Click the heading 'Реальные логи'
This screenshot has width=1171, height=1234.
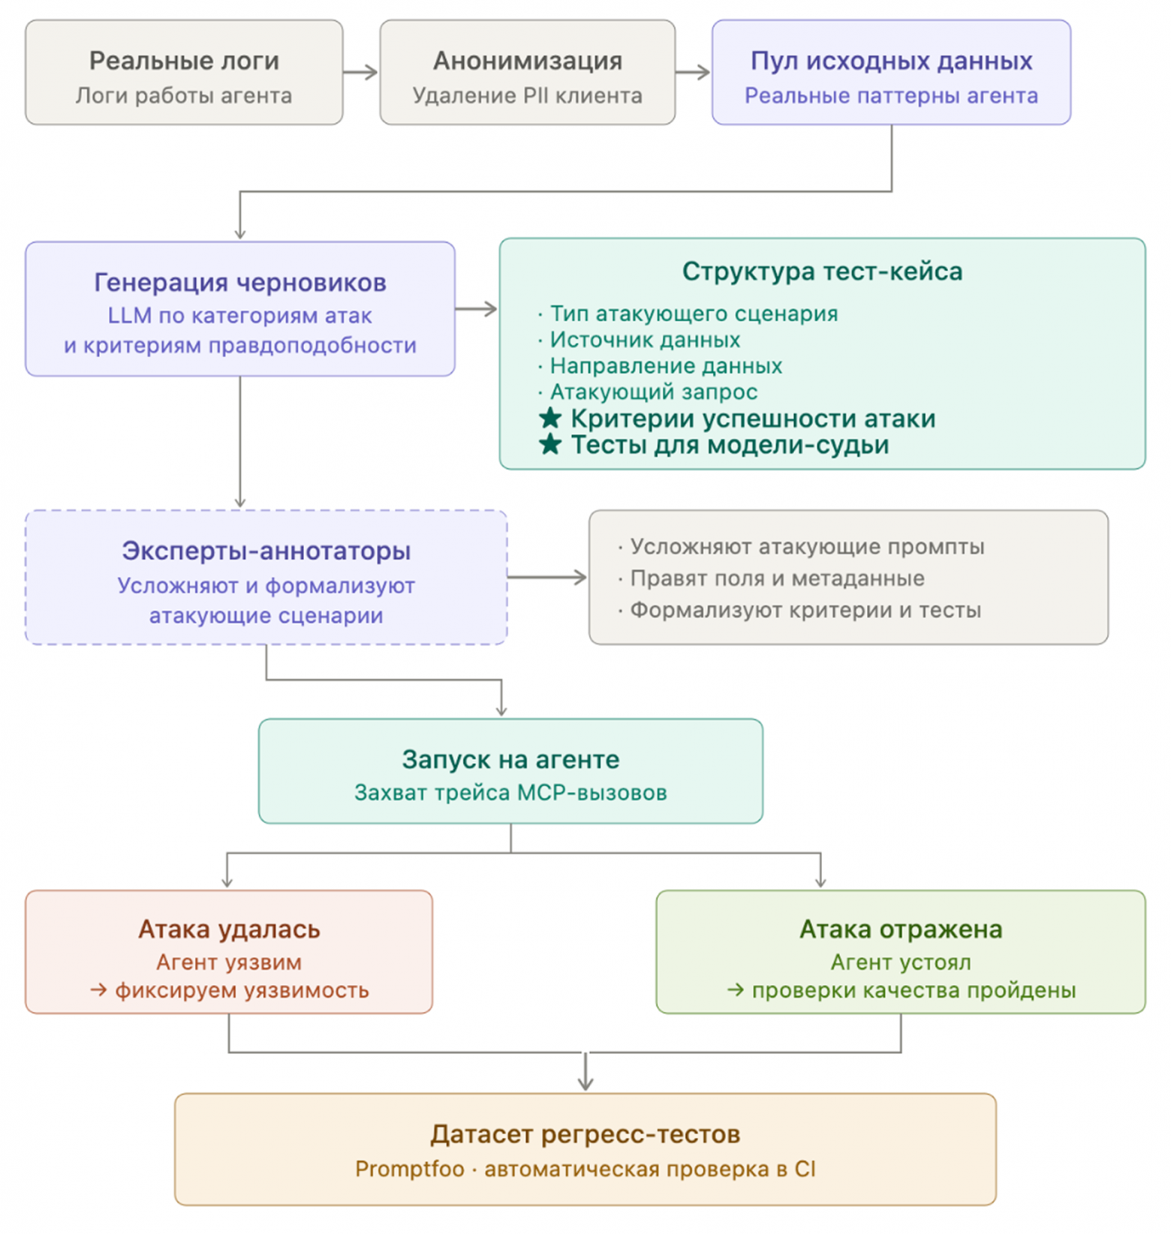click(184, 61)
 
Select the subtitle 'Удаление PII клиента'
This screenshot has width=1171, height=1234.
click(527, 96)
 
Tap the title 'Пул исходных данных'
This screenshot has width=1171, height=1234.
click(891, 61)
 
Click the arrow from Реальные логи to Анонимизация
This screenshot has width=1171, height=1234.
click(360, 72)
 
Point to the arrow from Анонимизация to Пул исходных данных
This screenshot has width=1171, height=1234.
click(693, 72)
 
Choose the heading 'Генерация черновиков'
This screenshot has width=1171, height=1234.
click(240, 283)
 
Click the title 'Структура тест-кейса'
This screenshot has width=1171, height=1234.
click(822, 272)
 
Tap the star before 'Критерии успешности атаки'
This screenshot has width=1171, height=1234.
click(550, 418)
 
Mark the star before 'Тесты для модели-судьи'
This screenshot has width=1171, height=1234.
click(550, 444)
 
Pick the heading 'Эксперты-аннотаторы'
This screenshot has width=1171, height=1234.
click(266, 551)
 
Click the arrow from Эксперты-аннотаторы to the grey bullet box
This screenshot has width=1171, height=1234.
click(547, 577)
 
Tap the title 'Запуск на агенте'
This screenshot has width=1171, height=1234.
click(510, 759)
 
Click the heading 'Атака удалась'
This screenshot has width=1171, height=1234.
click(229, 929)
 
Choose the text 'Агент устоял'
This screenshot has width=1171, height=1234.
click(901, 962)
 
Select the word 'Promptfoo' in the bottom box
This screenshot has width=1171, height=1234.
click(410, 1169)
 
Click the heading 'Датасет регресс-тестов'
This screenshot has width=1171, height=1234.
click(585, 1134)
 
